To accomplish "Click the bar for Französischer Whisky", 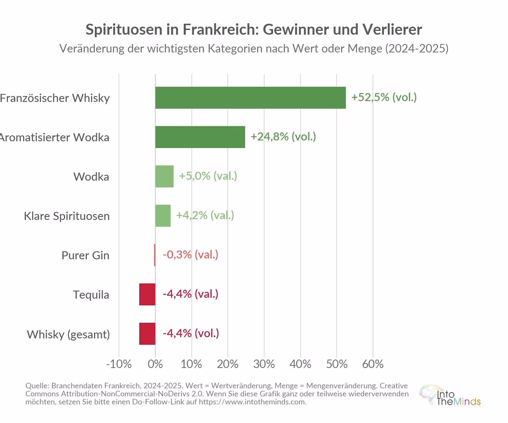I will [250, 98].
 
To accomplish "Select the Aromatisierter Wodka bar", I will [200, 137].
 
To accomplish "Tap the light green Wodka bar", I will [164, 176].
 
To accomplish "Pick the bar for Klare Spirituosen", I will [163, 216].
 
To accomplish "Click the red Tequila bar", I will [147, 294].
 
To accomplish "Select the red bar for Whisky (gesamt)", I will [147, 334].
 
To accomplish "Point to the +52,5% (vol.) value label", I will [384, 97].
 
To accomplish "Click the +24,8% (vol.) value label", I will [283, 137].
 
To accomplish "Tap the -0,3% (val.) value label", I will [190, 255].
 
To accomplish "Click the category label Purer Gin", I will [86, 255].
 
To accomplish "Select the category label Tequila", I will [91, 294].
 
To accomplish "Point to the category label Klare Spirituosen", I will [67, 216].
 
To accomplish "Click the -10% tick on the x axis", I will [119, 364].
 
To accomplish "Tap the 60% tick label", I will [373, 364].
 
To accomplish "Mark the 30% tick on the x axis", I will [264, 364].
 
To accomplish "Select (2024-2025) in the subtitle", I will [416, 49].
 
